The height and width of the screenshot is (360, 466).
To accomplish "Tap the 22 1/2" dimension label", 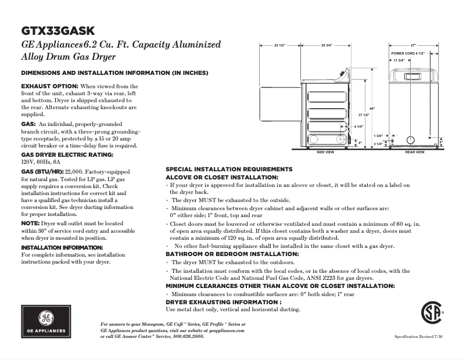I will [x=279, y=45].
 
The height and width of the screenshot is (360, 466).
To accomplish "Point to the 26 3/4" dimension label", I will [x=327, y=45].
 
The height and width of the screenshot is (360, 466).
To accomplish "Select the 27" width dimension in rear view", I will [x=413, y=45].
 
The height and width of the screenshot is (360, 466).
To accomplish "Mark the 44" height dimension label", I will [x=372, y=109].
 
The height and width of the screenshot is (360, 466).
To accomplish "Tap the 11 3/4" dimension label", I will [x=399, y=60].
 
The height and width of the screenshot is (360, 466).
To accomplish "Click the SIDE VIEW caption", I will [x=325, y=152].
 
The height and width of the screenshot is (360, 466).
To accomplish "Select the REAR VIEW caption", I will [x=414, y=152].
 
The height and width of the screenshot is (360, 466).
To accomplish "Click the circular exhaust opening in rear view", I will [x=411, y=140].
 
